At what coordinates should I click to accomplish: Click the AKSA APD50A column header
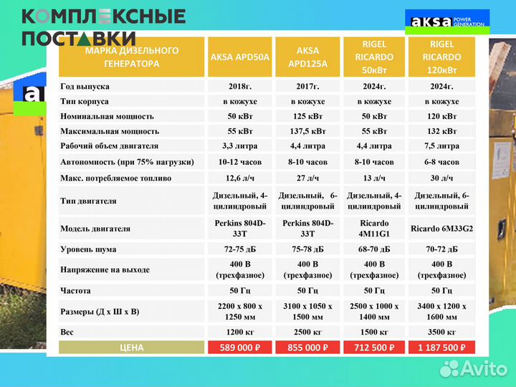[240, 57]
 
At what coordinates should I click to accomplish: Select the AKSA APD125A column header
[307, 57]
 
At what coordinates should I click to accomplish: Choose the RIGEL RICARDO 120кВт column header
[441, 57]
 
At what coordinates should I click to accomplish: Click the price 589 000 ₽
[240, 348]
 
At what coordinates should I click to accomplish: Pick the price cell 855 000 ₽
[307, 348]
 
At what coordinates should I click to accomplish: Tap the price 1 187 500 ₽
[441, 348]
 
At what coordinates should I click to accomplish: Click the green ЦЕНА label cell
[131, 348]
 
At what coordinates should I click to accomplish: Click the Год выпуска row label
[85, 86]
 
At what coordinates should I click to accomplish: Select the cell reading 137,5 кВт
[307, 131]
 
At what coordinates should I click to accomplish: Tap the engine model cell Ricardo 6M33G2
[441, 229]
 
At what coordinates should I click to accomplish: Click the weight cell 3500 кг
[441, 333]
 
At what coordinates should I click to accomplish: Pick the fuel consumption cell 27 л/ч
[307, 177]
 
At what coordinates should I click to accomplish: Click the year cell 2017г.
[307, 86]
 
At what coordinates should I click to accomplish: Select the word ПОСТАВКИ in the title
[79, 39]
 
